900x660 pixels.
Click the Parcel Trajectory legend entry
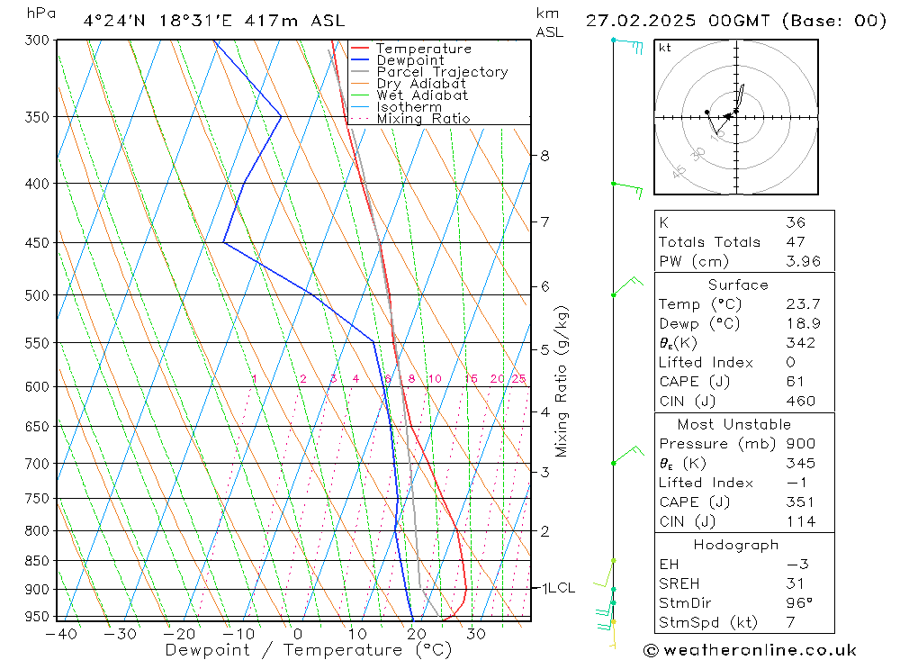442,72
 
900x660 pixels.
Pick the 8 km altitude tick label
544,156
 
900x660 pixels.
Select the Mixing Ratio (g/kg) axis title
562,381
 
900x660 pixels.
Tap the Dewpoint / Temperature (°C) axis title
309,649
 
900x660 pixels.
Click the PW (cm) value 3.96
803,262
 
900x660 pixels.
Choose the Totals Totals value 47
795,242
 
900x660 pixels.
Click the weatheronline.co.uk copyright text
750,650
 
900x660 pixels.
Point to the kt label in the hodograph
665,49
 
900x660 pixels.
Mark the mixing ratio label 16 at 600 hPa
471,379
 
